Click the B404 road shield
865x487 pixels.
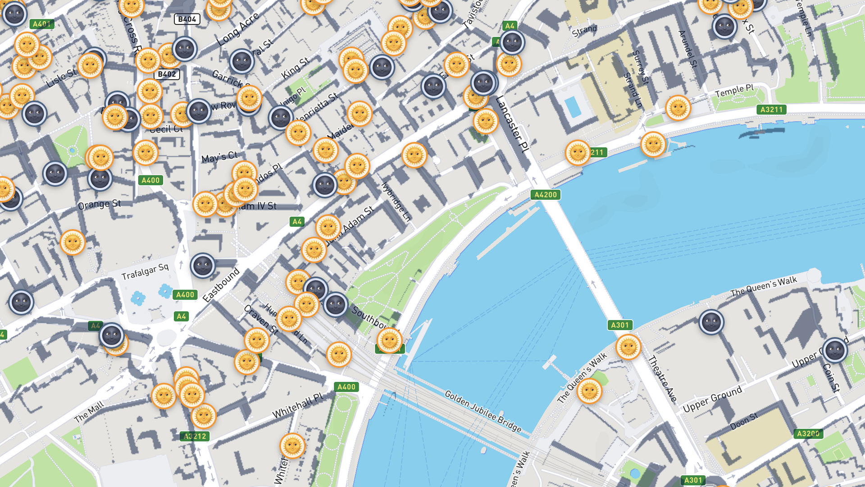187,19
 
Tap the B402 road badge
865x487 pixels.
167,74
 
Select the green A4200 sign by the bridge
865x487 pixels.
546,195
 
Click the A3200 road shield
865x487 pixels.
808,434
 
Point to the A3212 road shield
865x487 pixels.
195,436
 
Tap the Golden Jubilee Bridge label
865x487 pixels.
483,411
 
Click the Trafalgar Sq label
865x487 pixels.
145,271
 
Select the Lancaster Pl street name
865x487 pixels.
512,124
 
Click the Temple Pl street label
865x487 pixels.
734,91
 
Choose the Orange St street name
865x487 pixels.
99,205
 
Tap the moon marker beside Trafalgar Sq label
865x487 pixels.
203,266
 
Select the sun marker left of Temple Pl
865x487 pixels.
678,108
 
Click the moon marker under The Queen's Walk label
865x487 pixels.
711,322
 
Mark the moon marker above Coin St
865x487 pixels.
835,350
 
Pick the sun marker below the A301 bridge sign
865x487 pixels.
628,347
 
